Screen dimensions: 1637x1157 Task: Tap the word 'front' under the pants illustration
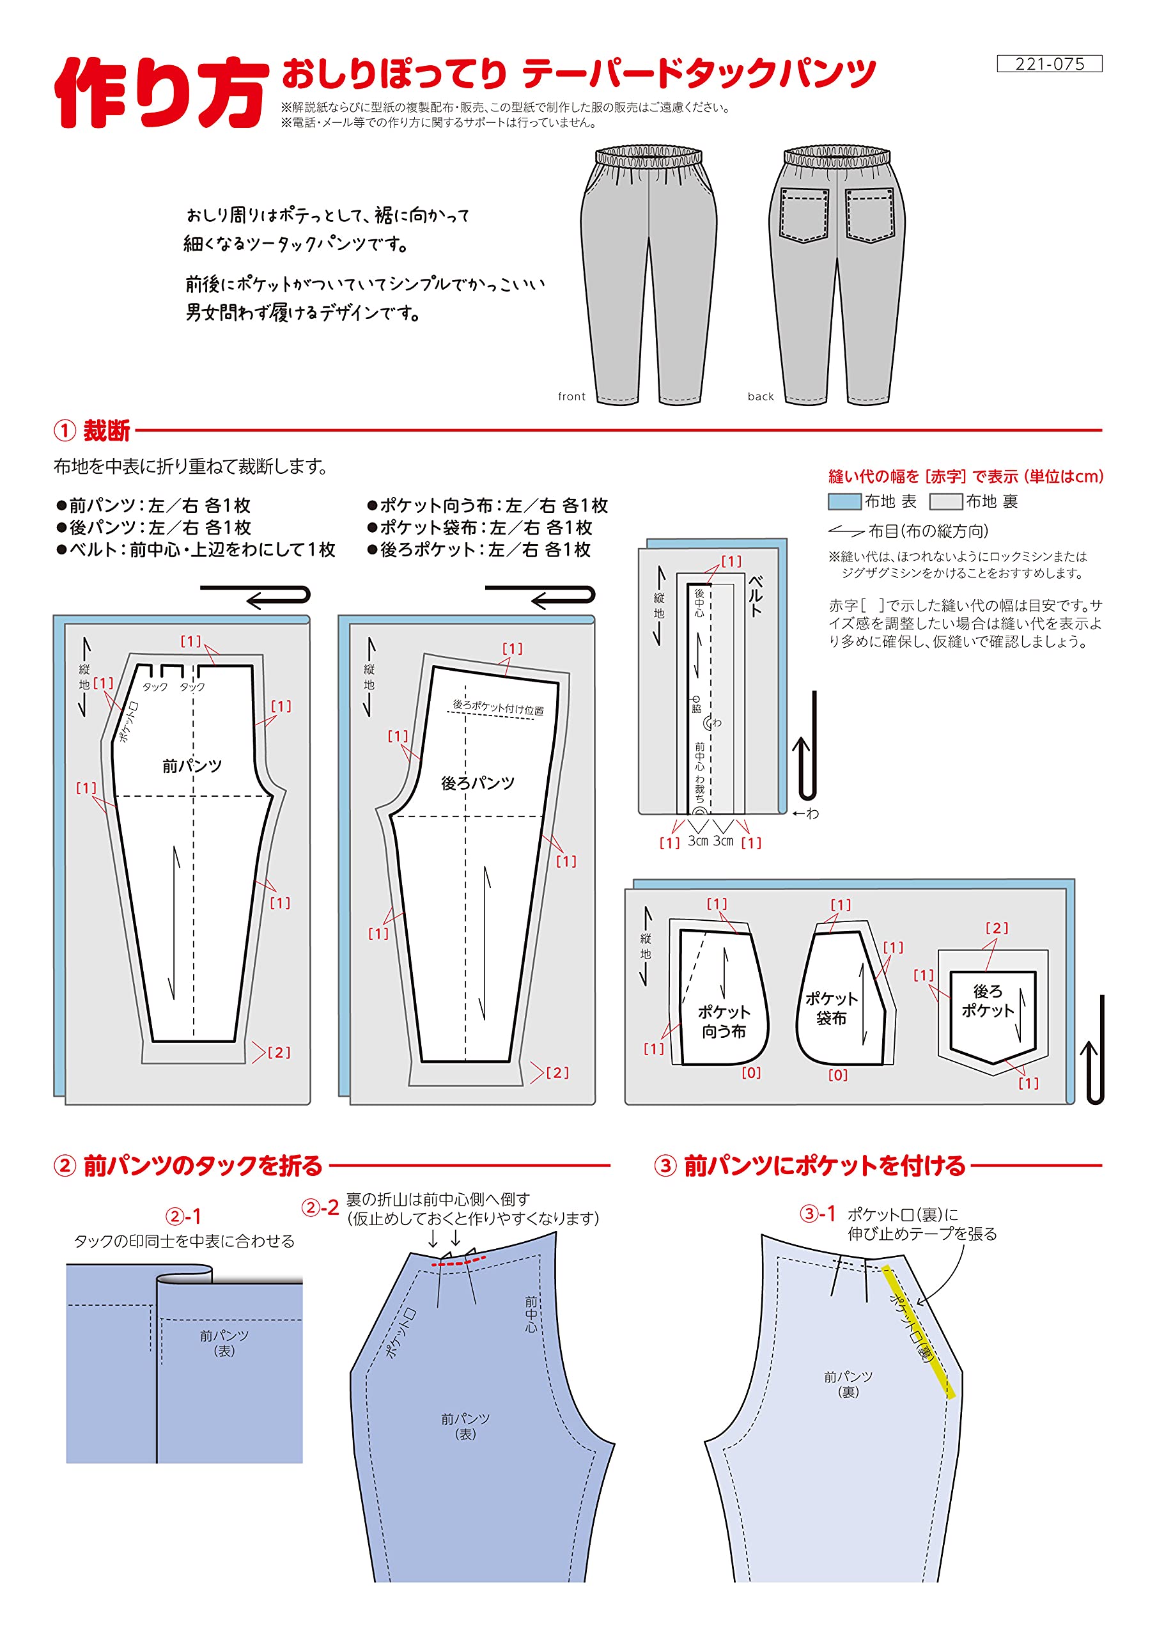(x=571, y=396)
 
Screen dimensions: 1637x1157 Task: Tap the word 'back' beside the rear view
(x=760, y=396)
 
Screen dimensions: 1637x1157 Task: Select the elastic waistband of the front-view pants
(x=649, y=156)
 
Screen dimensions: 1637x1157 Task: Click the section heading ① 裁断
(x=93, y=430)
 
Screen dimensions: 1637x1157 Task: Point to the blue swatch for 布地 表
(x=844, y=502)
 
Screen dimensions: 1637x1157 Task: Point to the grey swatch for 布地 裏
(x=945, y=502)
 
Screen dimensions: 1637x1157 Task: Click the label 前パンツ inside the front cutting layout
(x=192, y=765)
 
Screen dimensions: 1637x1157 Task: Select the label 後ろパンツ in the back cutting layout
(x=478, y=783)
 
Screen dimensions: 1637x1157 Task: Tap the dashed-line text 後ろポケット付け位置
(x=497, y=707)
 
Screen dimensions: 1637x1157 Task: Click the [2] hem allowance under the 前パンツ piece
(x=279, y=1053)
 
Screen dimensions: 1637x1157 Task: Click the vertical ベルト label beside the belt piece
(x=755, y=595)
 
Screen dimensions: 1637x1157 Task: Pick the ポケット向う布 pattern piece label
(x=723, y=1021)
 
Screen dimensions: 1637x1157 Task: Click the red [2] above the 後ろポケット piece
(x=997, y=928)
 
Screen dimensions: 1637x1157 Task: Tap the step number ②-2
(x=320, y=1208)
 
